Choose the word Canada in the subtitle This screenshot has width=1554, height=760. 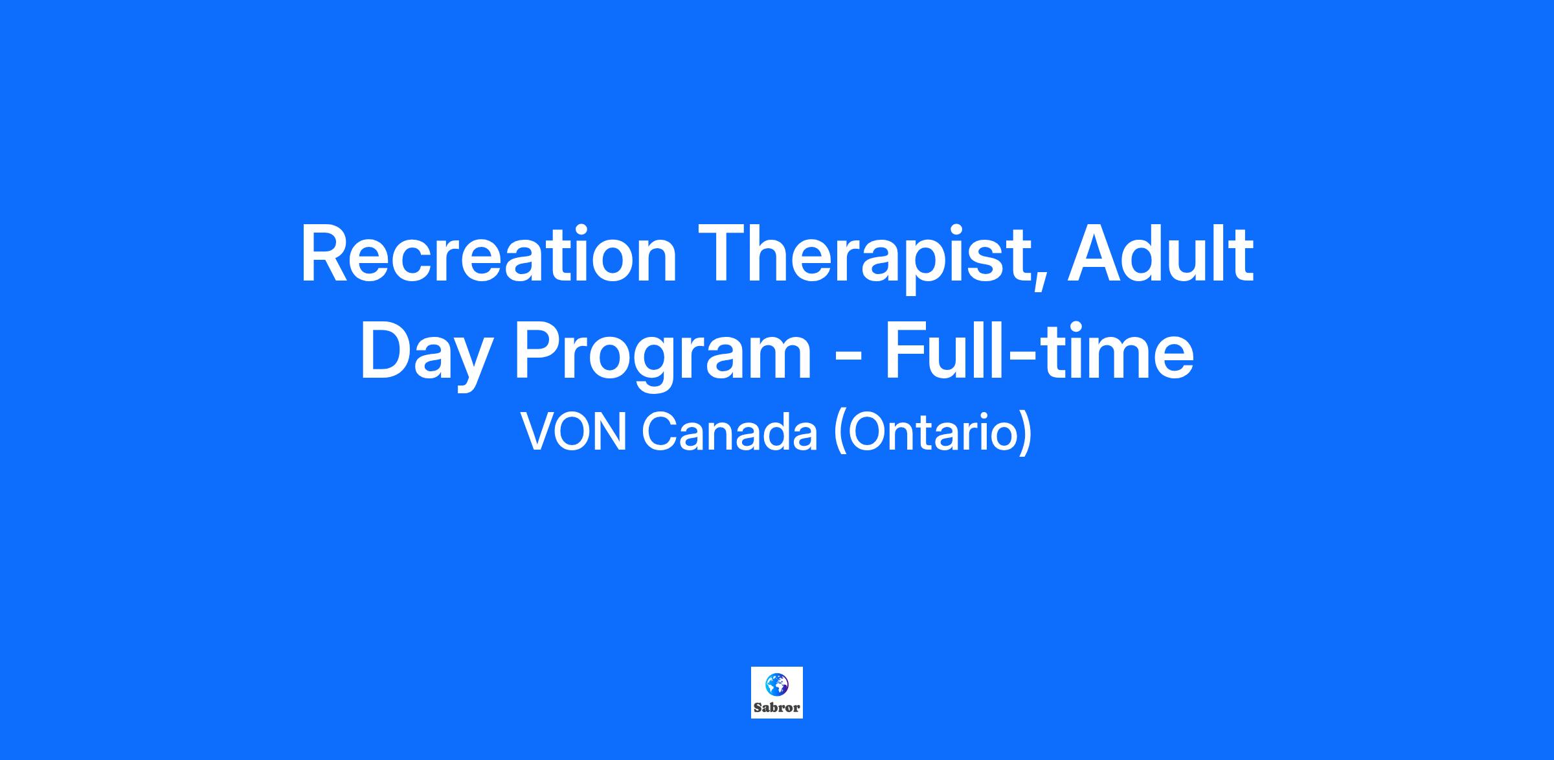click(730, 432)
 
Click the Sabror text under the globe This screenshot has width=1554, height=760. click(777, 708)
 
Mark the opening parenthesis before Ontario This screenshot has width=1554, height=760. click(840, 433)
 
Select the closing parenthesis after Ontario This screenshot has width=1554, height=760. click(1024, 433)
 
